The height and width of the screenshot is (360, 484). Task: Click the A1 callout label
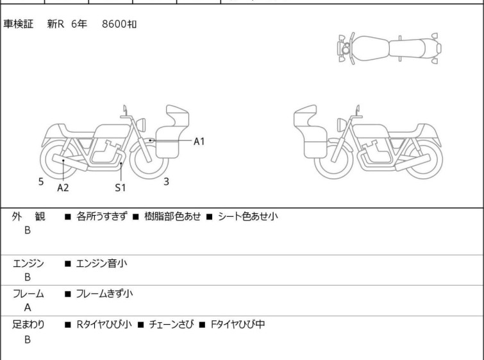tap(199, 141)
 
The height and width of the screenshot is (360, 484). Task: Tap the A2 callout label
tap(63, 187)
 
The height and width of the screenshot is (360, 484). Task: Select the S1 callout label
tap(121, 187)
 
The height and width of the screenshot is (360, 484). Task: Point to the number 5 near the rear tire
tap(41, 182)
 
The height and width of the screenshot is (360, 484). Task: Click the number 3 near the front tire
tap(167, 182)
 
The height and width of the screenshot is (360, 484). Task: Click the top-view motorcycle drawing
tap(389, 49)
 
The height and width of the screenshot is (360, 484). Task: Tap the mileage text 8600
tap(114, 24)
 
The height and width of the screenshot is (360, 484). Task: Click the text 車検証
tap(18, 24)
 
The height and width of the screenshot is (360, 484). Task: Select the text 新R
tap(56, 24)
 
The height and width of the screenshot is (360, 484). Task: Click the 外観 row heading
tap(28, 217)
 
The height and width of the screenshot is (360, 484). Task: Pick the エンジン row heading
tap(28, 264)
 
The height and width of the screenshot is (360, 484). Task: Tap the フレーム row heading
tap(28, 293)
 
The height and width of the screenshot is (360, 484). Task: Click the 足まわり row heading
tap(28, 325)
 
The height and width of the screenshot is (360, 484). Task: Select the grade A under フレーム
tap(28, 308)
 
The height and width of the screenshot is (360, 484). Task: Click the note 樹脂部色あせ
tap(172, 216)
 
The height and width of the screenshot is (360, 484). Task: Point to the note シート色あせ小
tap(248, 216)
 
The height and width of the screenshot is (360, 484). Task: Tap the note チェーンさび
tap(172, 325)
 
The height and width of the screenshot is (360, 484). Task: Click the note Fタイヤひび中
tap(238, 325)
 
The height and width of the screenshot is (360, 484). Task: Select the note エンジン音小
tap(101, 264)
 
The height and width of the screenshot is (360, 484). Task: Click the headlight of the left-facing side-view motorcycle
tap(341, 125)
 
